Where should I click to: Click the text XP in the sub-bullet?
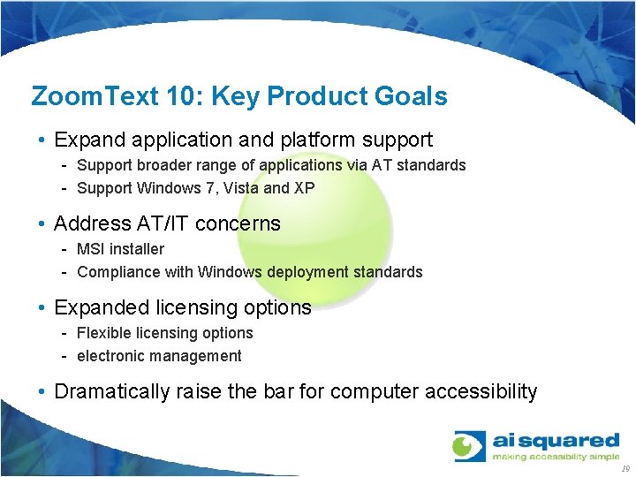[305, 187]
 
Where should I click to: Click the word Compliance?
[117, 272]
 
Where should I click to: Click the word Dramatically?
[111, 391]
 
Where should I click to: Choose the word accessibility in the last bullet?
[481, 391]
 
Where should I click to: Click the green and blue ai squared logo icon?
[469, 446]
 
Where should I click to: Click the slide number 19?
[625, 469]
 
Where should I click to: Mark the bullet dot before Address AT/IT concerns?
[42, 224]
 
